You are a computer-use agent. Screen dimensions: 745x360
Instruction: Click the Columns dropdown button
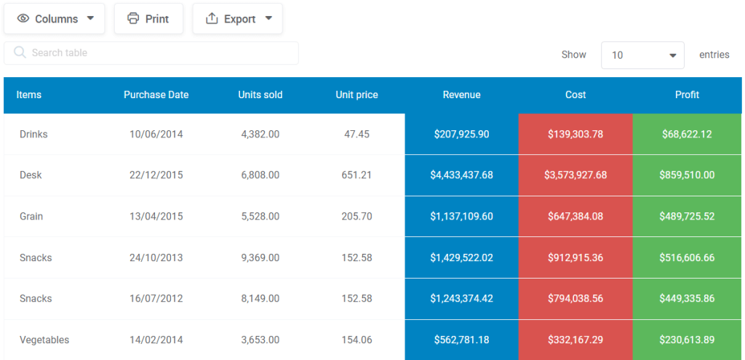pos(54,18)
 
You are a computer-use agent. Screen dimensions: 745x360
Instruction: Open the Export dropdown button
pos(238,18)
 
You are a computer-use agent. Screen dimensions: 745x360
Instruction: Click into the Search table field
pos(151,52)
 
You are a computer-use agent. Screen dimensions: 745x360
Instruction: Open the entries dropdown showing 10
pos(642,55)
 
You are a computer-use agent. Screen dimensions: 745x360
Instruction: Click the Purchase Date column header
pos(156,95)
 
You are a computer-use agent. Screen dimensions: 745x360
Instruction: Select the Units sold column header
pos(260,95)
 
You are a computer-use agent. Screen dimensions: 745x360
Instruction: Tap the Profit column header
pos(687,95)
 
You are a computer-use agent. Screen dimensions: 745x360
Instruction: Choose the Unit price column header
pos(356,95)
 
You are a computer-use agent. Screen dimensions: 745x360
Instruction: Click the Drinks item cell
pos(33,135)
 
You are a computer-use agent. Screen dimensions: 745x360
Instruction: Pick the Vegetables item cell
pos(44,340)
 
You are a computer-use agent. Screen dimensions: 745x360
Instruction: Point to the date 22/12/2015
pos(156,175)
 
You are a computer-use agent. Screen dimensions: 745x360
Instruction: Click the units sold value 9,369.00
pos(260,258)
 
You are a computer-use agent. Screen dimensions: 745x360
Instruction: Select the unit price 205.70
pos(356,217)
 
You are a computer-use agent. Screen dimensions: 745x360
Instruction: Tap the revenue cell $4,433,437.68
pos(462,175)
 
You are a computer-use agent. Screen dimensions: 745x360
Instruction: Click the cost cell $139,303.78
pos(575,134)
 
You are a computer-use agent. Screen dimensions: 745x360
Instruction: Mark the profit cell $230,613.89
pos(687,340)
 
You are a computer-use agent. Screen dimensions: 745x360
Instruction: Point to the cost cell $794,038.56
pos(575,299)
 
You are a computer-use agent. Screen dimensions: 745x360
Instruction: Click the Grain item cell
pos(31,217)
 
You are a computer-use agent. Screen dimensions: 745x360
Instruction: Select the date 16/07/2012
pos(156,299)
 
